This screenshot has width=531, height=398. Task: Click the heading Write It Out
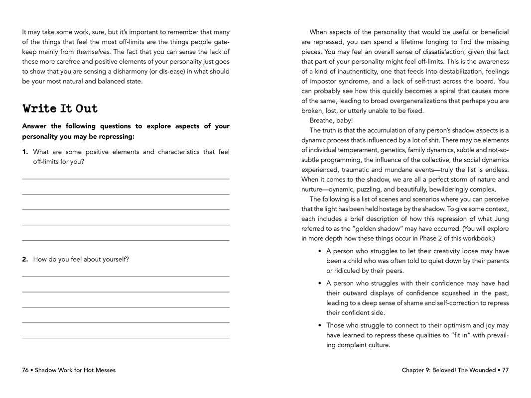[x=60, y=108]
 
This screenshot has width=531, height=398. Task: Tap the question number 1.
[x=24, y=152]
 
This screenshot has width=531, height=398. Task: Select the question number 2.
[x=24, y=259]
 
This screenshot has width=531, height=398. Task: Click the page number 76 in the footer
[x=25, y=370]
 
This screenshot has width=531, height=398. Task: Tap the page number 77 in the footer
[x=505, y=370]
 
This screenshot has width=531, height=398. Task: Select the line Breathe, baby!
[x=331, y=120]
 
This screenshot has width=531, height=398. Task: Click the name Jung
[x=501, y=218]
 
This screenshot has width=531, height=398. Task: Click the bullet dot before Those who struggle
[x=320, y=325]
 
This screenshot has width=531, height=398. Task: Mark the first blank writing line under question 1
[x=126, y=179]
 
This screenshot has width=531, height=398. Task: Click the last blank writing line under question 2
[x=126, y=338]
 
